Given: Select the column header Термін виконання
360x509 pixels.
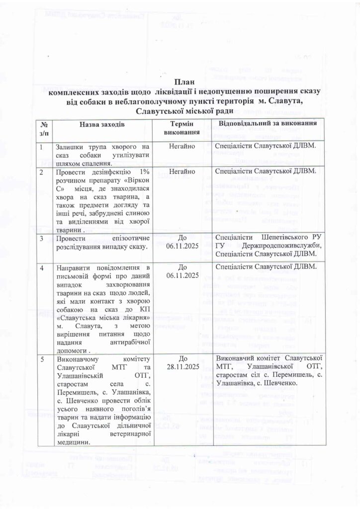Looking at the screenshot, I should coord(182,128).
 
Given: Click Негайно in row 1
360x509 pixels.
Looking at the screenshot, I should coord(182,147).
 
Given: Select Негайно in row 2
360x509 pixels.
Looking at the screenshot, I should coord(182,171).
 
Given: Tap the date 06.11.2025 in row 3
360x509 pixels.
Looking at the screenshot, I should coord(182,247).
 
